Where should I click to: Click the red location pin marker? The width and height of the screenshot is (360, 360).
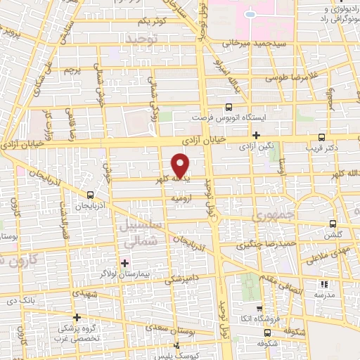(x=181, y=165)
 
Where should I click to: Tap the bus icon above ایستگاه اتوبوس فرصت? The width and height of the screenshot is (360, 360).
(x=228, y=108)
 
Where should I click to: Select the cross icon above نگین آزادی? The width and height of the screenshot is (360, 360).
(x=257, y=135)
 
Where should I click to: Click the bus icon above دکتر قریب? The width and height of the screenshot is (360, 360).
(x=321, y=137)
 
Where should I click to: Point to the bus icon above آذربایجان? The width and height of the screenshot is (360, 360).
(x=89, y=195)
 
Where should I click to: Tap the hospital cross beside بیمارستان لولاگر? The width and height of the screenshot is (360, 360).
(x=125, y=263)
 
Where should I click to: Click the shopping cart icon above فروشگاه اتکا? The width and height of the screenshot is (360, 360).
(x=259, y=308)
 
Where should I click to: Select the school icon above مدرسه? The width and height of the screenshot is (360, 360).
(x=324, y=284)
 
